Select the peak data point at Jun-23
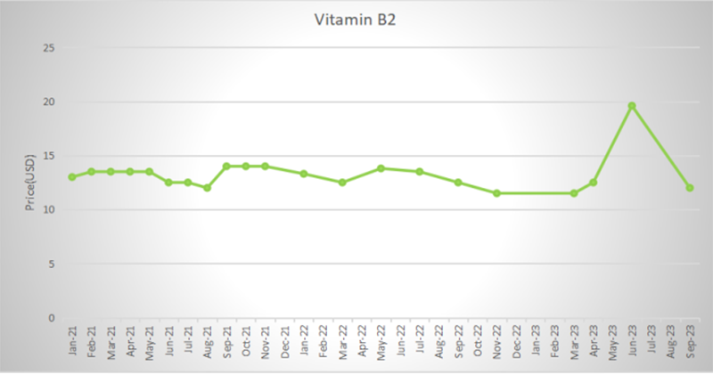pyautogui.click(x=631, y=106)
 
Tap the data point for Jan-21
pyautogui.click(x=72, y=177)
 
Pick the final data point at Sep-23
pyautogui.click(x=689, y=188)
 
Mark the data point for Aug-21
pyautogui.click(x=207, y=188)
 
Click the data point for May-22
pyautogui.click(x=381, y=168)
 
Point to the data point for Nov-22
pyautogui.click(x=496, y=193)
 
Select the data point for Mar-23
pyautogui.click(x=573, y=193)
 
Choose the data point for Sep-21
pyautogui.click(x=226, y=167)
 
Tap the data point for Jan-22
pyautogui.click(x=304, y=174)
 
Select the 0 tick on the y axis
pyautogui.click(x=52, y=318)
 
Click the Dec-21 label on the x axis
pyautogui.click(x=284, y=343)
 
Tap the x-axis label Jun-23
pyautogui.click(x=631, y=343)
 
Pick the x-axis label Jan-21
pyautogui.click(x=72, y=343)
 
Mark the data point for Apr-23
pyautogui.click(x=593, y=183)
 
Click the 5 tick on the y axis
pyautogui.click(x=52, y=264)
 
